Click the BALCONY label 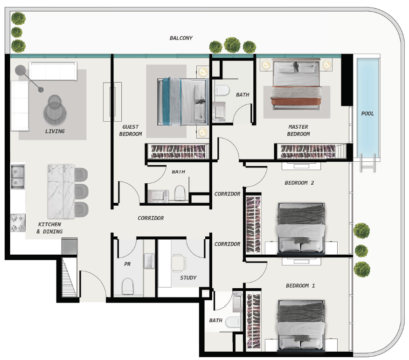tap(180, 38)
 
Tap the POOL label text tap(367, 113)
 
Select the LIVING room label tap(55, 132)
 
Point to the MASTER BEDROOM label tap(298, 130)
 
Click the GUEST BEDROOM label tap(131, 130)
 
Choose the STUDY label tap(188, 278)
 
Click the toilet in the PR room tap(128, 286)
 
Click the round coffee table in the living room tap(55, 108)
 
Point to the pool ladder tap(367, 164)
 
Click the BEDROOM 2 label tap(299, 183)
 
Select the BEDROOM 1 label tap(300, 285)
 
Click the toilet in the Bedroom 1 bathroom tap(232, 321)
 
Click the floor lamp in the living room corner tap(21, 70)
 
